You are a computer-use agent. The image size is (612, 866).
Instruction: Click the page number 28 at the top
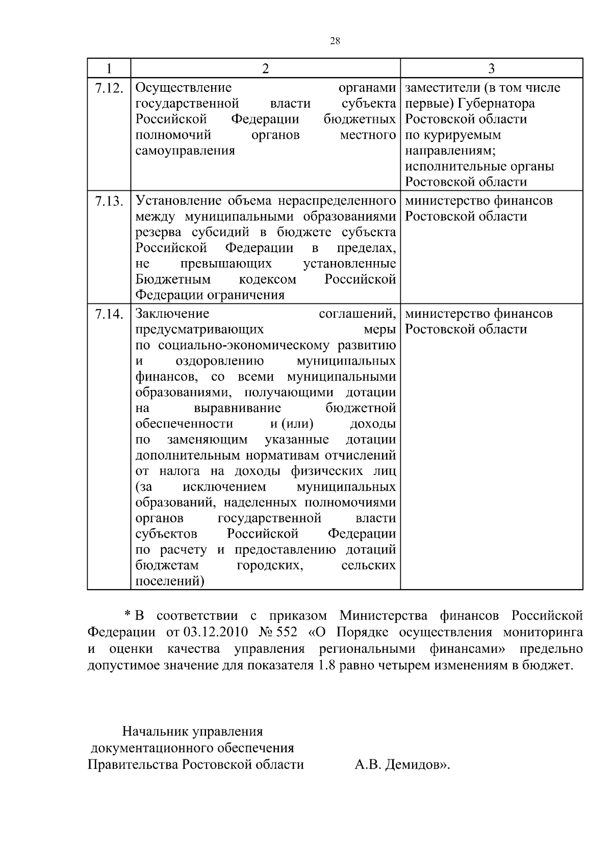(x=335, y=41)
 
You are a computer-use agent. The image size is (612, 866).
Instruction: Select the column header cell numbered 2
(x=265, y=69)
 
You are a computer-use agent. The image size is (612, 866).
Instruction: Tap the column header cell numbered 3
(x=491, y=69)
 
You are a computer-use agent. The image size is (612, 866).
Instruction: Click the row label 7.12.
(x=109, y=89)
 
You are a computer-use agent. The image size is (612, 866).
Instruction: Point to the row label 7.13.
(x=109, y=201)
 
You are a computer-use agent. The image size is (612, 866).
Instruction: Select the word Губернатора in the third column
(x=496, y=104)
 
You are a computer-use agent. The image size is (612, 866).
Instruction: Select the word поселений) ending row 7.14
(x=170, y=581)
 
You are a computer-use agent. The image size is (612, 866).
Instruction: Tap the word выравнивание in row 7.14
(x=237, y=408)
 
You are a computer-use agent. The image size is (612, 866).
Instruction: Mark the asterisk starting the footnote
(x=127, y=616)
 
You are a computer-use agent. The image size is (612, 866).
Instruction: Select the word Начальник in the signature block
(x=155, y=732)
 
